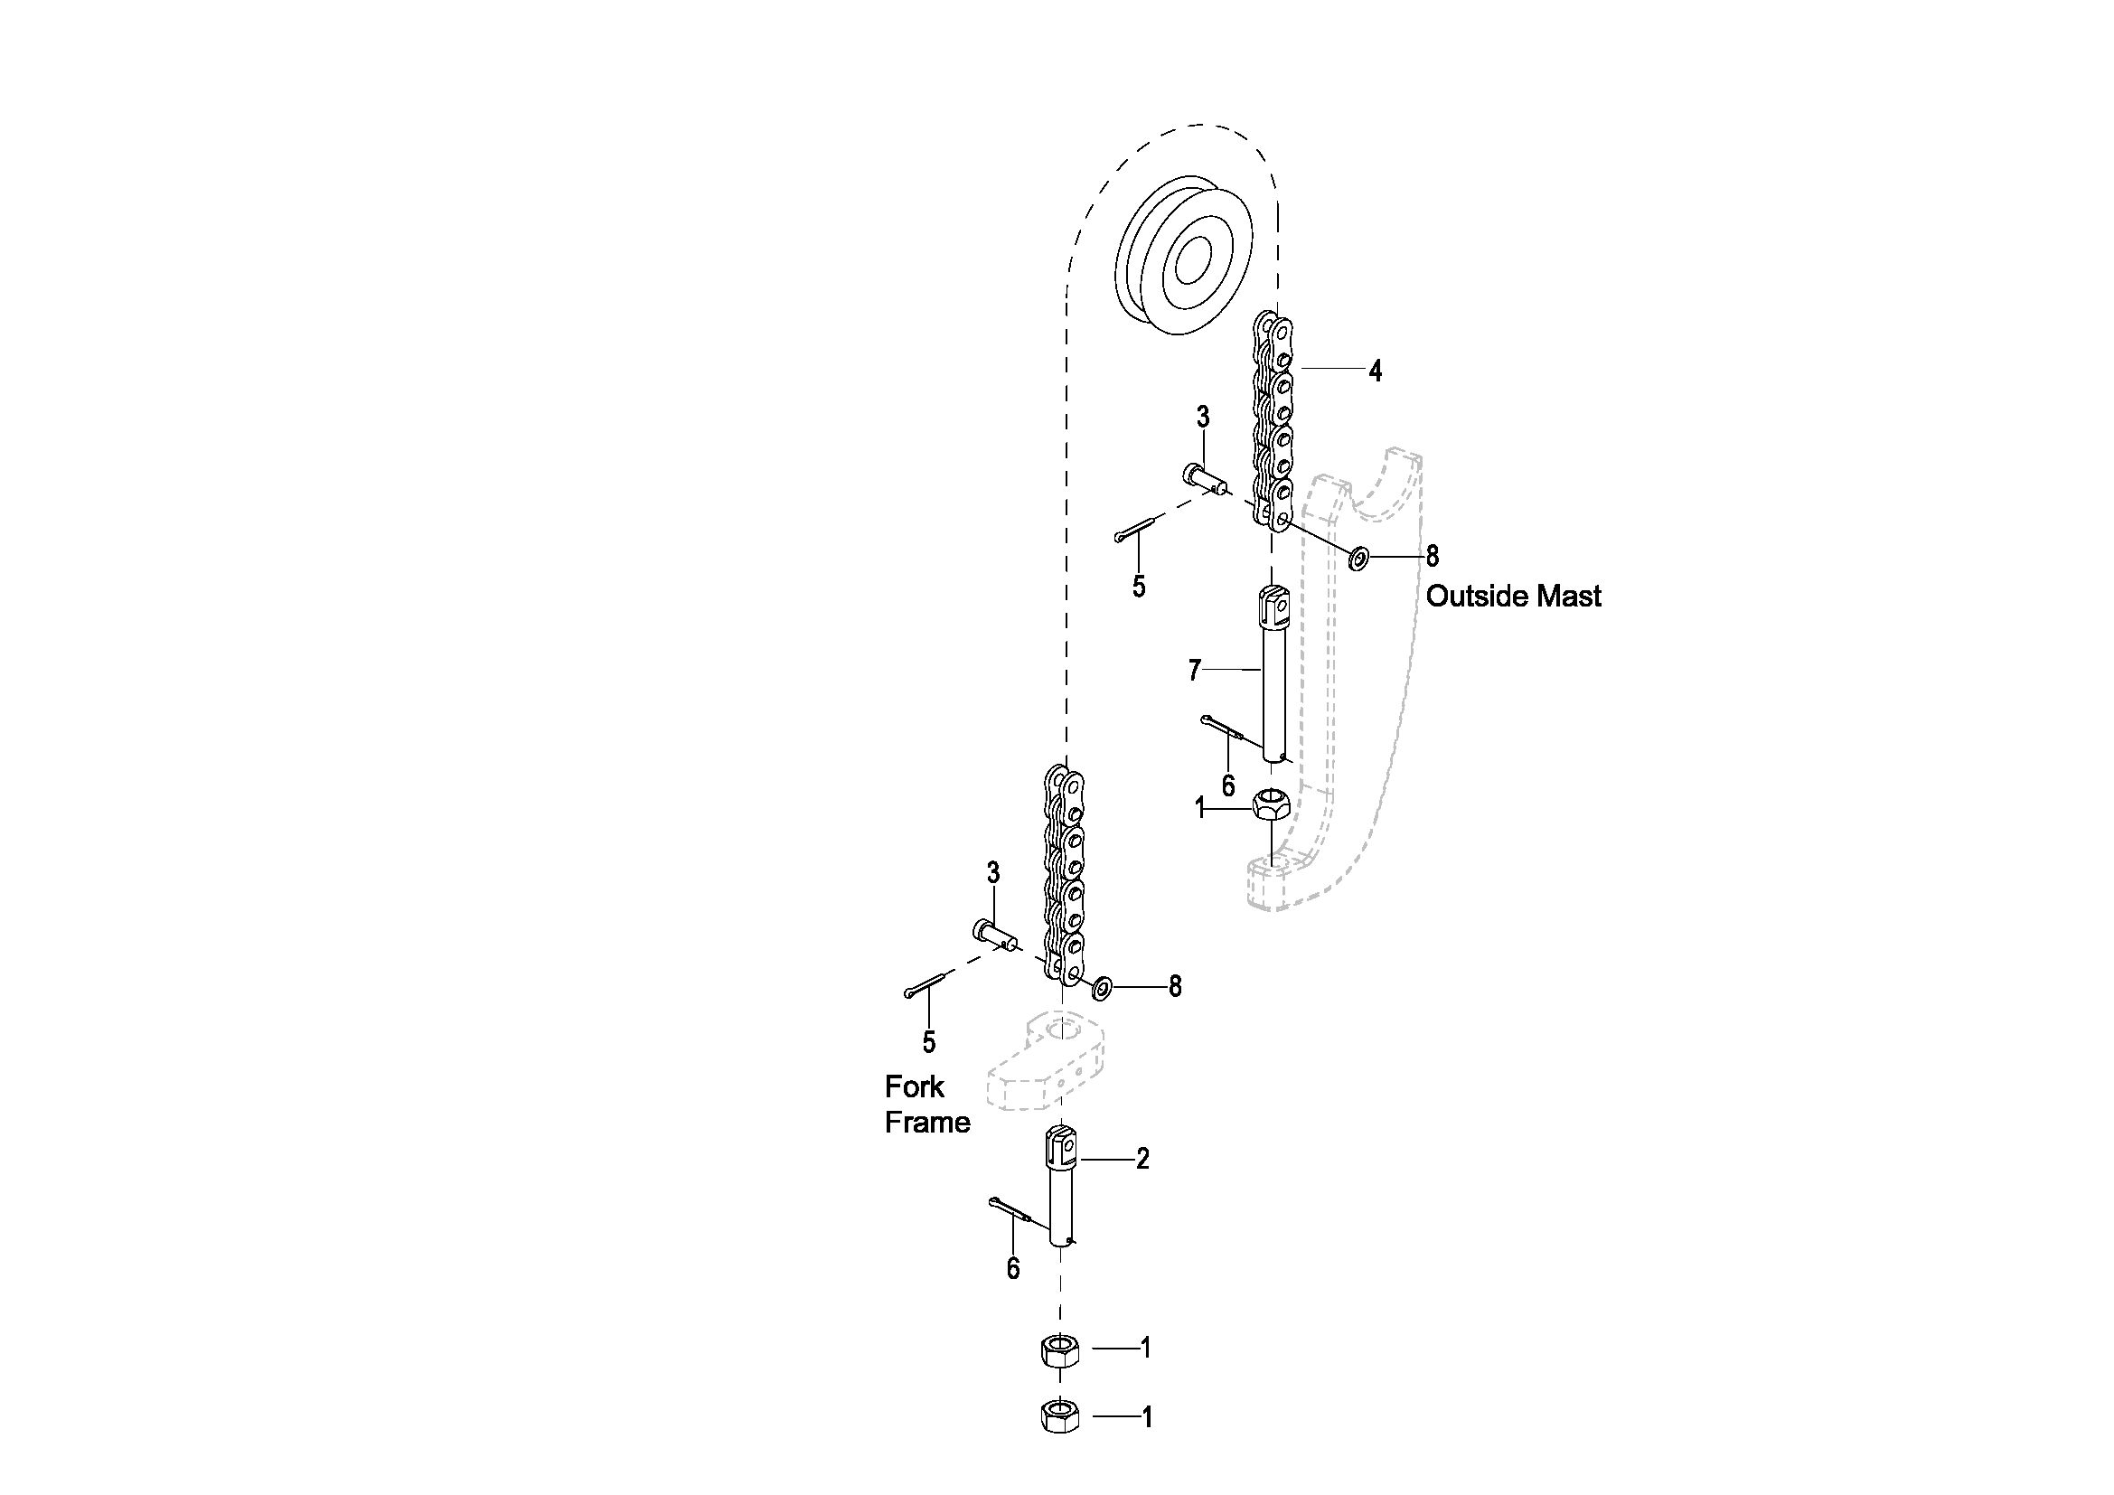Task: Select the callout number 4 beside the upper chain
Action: pyautogui.click(x=1375, y=371)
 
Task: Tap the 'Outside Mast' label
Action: pyautogui.click(x=1514, y=597)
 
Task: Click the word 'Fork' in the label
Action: pyautogui.click(x=915, y=1087)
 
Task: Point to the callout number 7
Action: pyautogui.click(x=1194, y=670)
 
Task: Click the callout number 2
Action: pyautogui.click(x=1142, y=1159)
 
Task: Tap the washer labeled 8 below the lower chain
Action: pyautogui.click(x=1101, y=989)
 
